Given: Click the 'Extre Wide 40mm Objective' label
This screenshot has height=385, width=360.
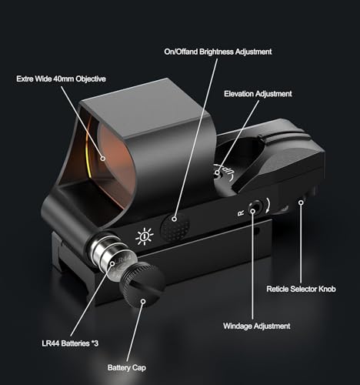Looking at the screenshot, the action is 61,79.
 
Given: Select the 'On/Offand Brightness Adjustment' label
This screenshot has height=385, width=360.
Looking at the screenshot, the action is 218,52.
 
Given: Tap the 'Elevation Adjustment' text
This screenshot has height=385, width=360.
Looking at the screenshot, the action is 258,94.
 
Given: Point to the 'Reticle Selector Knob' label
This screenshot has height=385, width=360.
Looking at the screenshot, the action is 301,289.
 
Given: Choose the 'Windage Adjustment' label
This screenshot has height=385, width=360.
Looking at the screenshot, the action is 257,326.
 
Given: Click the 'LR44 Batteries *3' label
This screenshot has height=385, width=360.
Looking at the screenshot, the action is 70,343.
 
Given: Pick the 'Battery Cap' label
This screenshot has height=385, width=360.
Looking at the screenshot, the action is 127,368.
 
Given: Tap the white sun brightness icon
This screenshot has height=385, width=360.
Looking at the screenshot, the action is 145,236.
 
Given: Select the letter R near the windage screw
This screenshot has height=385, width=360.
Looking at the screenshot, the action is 241,213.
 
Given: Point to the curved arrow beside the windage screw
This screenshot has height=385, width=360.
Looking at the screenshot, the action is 268,206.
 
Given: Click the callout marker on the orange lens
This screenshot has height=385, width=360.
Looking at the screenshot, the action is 103,159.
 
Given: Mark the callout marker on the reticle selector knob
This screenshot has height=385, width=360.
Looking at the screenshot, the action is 302,203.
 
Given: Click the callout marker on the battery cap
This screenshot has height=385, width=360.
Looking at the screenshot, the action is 143,301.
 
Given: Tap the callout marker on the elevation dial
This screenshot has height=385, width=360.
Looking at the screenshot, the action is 218,172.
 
